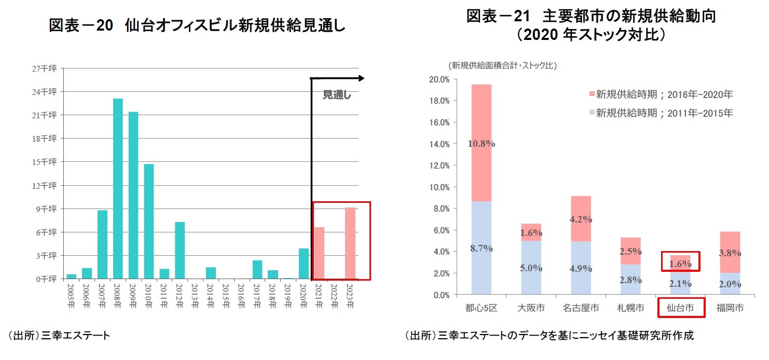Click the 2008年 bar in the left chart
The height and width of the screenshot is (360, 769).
pyautogui.click(x=118, y=188)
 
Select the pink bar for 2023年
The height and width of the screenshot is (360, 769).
pyautogui.click(x=350, y=243)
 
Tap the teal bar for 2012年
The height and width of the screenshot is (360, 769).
pyautogui.click(x=180, y=250)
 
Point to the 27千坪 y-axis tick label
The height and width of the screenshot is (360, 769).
pyautogui.click(x=46, y=68)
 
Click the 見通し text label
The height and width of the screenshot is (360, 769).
pyautogui.click(x=337, y=95)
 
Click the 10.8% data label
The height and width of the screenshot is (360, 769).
pyautogui.click(x=482, y=144)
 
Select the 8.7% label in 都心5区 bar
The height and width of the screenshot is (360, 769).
pyautogui.click(x=482, y=248)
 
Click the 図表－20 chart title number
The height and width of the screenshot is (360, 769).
pyautogui.click(x=80, y=25)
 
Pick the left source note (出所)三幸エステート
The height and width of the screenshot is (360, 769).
pyautogui.click(x=58, y=336)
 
